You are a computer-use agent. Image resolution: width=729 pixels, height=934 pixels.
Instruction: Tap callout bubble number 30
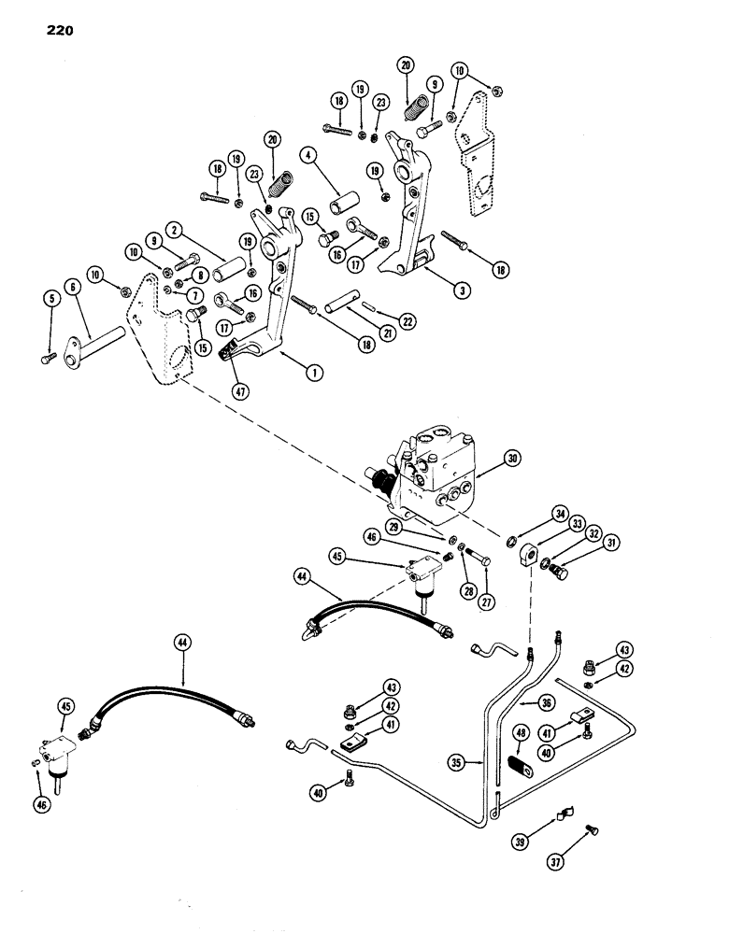512,459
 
